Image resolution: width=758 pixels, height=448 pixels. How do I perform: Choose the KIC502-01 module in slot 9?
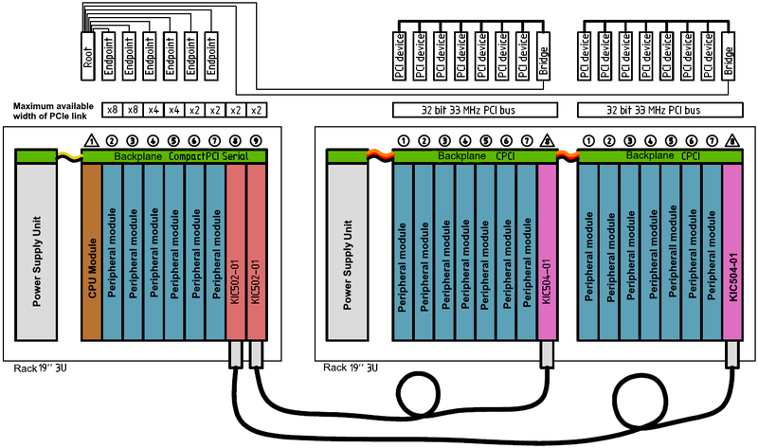point(256,250)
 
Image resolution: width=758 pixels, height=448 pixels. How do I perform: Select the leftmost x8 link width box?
point(112,110)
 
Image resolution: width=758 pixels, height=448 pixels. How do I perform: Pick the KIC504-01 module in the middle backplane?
point(547,250)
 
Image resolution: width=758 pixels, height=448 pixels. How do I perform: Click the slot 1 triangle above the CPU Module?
point(91,141)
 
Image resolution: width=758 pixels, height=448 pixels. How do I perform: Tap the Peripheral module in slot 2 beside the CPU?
point(112,250)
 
